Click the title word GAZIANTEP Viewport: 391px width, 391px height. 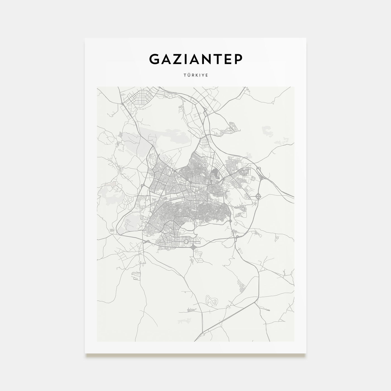point(195,59)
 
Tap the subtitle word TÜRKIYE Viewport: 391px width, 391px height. point(195,75)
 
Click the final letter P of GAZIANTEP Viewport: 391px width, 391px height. point(238,59)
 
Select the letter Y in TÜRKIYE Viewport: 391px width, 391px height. point(203,75)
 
